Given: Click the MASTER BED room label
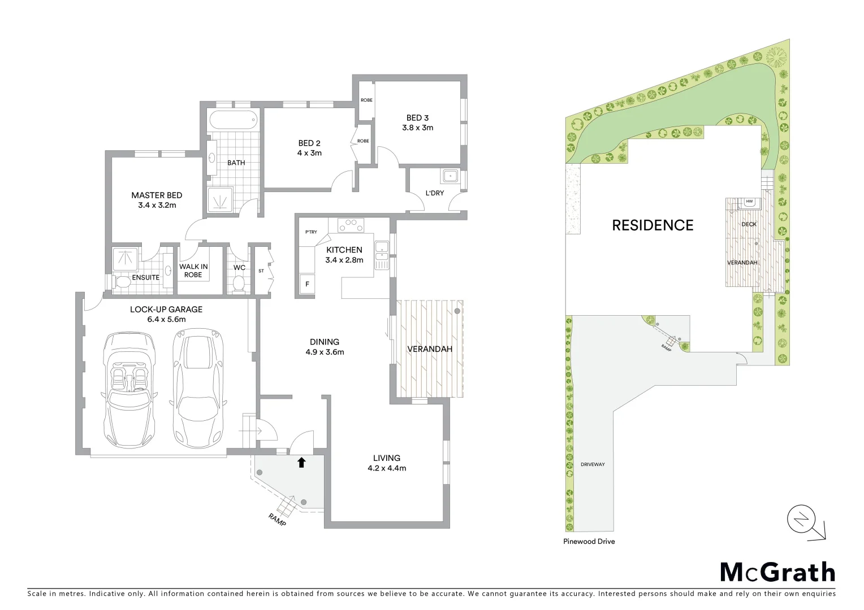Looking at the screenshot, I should [157, 195].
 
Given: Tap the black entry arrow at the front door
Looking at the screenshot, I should [301, 463].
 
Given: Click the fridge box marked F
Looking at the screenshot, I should [308, 284].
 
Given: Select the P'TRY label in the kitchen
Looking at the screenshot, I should [310, 232].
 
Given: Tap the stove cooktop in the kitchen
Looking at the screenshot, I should [351, 225].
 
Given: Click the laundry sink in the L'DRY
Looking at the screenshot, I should [450, 176].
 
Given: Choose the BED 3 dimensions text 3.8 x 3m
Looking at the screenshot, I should [417, 128].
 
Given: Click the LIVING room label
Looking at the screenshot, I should [387, 458].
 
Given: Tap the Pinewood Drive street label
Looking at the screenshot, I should [589, 541].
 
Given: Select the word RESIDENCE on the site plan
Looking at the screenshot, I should [653, 225].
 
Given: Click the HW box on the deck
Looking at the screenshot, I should [750, 202].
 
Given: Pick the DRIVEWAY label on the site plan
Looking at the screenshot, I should [593, 464].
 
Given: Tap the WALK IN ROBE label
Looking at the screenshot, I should [193, 271].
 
